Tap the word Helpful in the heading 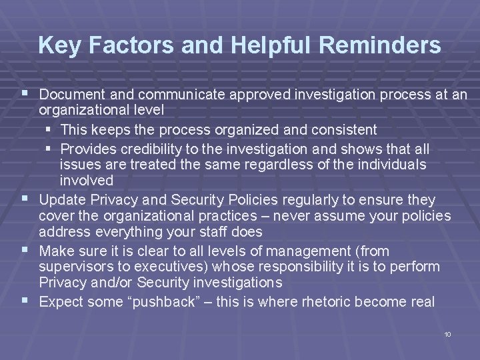(x=262, y=45)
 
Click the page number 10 (x=447, y=333)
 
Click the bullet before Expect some (x=25, y=301)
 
